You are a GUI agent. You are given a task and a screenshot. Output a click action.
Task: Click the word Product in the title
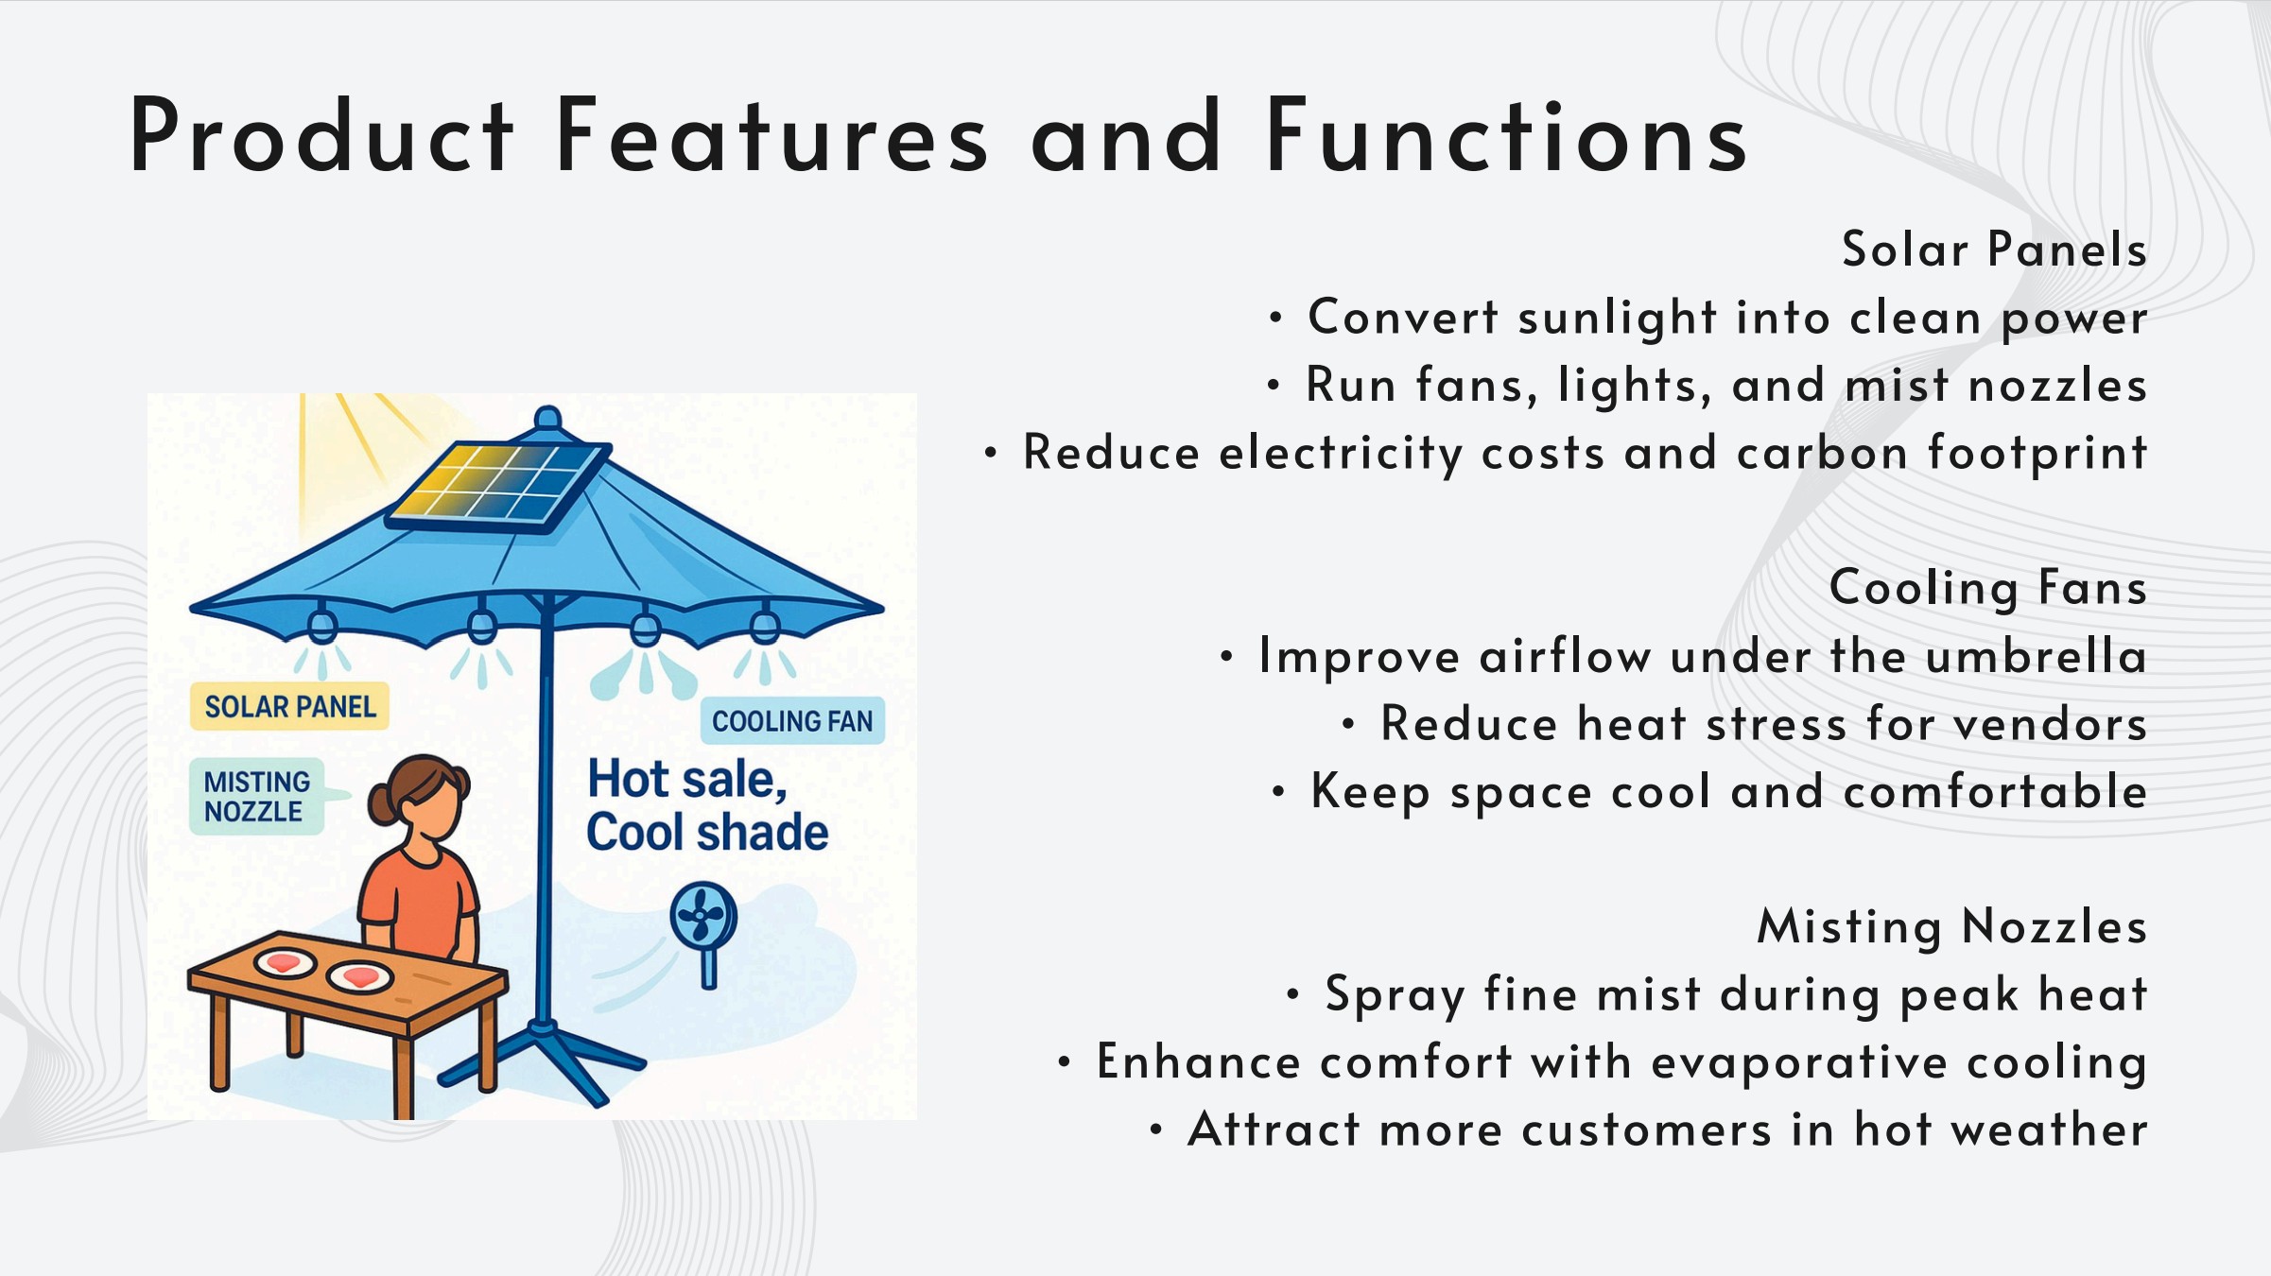point(321,134)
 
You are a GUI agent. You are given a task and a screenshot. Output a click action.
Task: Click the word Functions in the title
point(1507,134)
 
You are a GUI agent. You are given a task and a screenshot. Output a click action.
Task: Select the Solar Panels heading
point(1994,250)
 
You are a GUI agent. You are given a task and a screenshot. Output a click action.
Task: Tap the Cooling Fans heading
point(1987,588)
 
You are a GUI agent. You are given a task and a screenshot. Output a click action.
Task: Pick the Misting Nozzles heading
point(1951,926)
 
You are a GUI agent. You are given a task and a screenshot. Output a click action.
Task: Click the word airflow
point(1565,656)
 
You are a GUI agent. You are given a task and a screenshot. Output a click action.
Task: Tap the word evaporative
point(1799,1062)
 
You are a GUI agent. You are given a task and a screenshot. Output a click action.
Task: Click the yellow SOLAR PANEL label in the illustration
point(289,706)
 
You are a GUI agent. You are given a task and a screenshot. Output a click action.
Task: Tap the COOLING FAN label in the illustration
point(792,721)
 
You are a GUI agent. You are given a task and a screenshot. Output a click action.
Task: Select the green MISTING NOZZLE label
point(257,796)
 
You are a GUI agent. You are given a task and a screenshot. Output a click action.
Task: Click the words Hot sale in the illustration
point(687,780)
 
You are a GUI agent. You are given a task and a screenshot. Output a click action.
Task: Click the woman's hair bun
point(383,805)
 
